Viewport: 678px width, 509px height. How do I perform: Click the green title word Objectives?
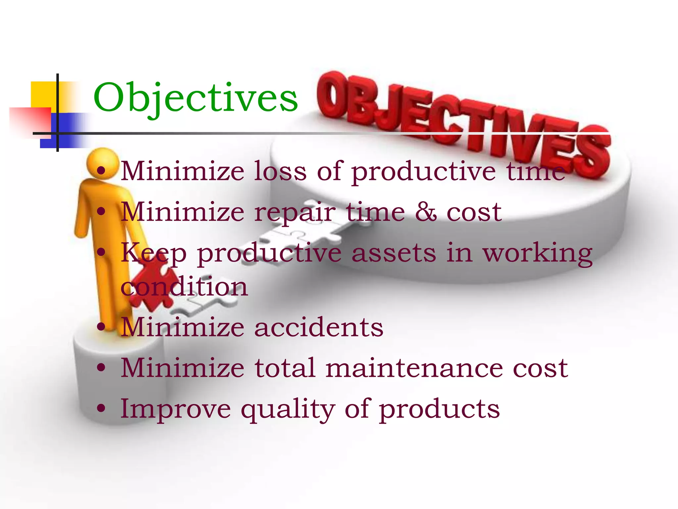195,98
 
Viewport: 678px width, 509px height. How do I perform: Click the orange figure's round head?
102,163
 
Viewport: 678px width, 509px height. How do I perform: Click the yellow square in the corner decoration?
43,94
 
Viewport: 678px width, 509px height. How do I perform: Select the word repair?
295,213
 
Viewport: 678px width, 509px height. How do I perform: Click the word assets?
394,253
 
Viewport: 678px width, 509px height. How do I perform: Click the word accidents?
318,327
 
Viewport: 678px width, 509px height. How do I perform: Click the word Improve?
175,410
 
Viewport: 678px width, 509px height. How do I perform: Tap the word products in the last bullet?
439,410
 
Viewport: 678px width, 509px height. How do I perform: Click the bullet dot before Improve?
101,408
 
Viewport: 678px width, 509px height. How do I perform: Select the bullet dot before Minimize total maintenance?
101,367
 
